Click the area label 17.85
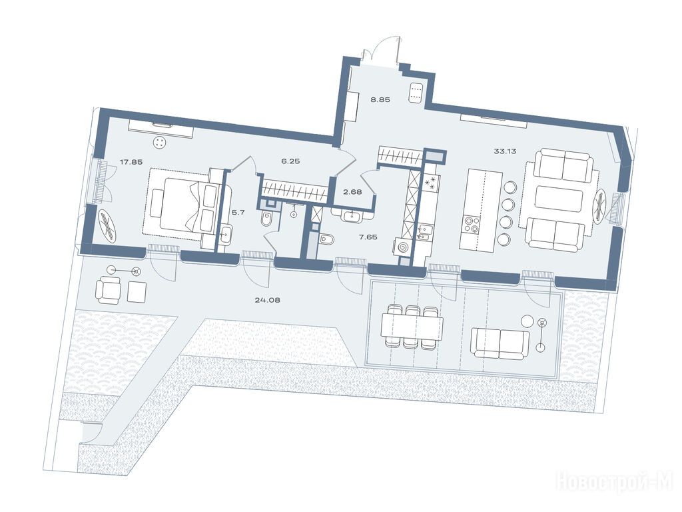pos(131,161)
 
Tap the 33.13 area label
pos(505,151)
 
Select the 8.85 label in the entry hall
pos(380,99)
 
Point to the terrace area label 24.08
pos(267,299)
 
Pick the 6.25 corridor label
pos(290,161)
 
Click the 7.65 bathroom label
pos(368,237)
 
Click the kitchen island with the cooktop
pos(481,211)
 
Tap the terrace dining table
pos(412,327)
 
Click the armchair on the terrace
pos(109,291)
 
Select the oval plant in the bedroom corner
pos(109,225)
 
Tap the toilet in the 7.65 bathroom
pos(326,240)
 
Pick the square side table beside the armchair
pos(137,291)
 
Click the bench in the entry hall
pos(415,93)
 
